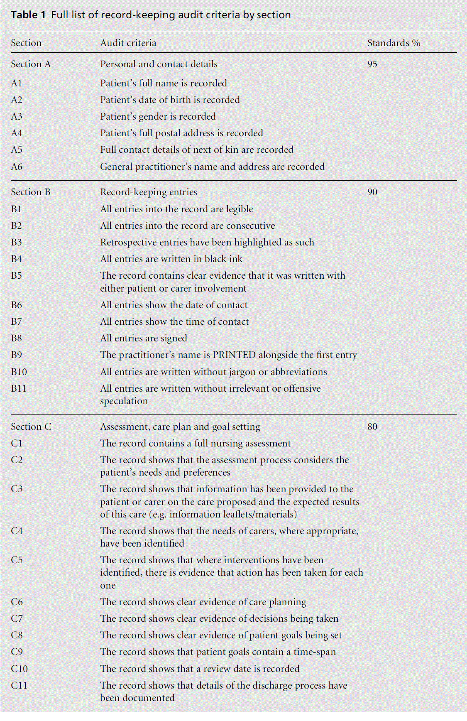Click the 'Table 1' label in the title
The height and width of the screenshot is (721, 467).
pos(28,15)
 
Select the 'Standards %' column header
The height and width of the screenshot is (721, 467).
pos(394,43)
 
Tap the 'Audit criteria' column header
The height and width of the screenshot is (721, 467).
pos(128,43)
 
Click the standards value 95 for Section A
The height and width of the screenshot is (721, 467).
pos(372,64)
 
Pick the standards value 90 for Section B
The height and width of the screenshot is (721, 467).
pos(372,192)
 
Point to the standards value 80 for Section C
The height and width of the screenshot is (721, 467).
pos(372,427)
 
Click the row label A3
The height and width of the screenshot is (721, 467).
pos(17,117)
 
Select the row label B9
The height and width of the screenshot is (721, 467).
pos(17,355)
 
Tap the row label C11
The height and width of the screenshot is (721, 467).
pos(19,686)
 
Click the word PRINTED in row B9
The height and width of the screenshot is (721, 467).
pos(234,355)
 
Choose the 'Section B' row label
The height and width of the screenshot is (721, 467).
pos(31,192)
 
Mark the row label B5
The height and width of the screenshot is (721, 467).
pos(17,276)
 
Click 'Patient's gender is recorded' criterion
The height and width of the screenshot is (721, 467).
pos(158,117)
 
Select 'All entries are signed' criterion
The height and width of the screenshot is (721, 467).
pos(144,338)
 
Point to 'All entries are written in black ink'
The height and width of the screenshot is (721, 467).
pos(171,259)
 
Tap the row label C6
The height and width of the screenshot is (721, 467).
pos(17,602)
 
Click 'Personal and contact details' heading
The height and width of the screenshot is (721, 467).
pos(159,64)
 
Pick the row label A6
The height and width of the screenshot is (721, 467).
pos(17,167)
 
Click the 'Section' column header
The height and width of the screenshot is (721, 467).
pos(26,43)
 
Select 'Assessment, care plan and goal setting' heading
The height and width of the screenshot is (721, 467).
pos(180,427)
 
